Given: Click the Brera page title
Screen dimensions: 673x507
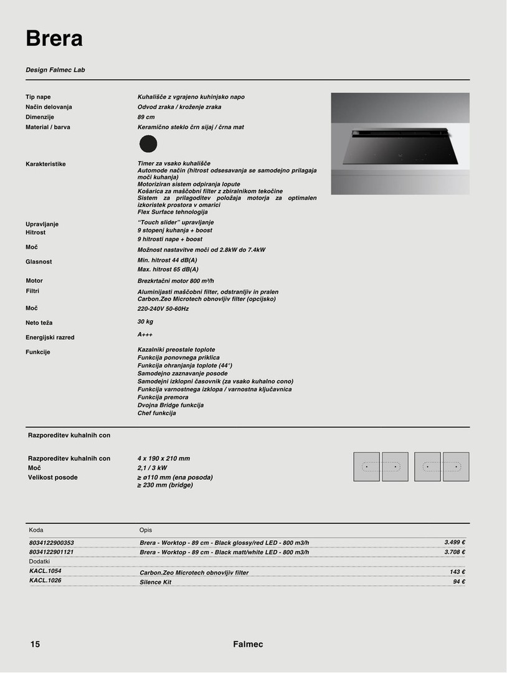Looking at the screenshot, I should pyautogui.click(x=54, y=39).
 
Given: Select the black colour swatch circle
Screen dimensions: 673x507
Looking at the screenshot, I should pyautogui.click(x=148, y=144).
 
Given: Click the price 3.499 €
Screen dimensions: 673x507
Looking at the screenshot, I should pyautogui.click(x=455, y=542).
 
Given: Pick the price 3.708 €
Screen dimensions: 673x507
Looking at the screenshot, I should pyautogui.click(x=455, y=552).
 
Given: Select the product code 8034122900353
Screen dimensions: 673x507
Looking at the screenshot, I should pyautogui.click(x=52, y=543).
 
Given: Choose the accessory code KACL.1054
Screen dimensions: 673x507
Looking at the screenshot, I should pyautogui.click(x=45, y=571).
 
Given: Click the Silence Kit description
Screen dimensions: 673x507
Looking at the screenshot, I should pyautogui.click(x=156, y=582).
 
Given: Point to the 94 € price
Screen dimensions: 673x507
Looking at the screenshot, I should pyautogui.click(x=459, y=582).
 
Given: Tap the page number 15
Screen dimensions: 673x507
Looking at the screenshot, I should pyautogui.click(x=35, y=644).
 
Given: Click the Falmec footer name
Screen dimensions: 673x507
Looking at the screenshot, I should pyautogui.click(x=248, y=644).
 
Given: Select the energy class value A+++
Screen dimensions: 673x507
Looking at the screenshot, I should pyautogui.click(x=145, y=335).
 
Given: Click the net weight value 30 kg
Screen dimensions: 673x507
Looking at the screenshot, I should pyautogui.click(x=145, y=322).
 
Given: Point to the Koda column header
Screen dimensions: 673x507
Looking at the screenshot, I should pyautogui.click(x=36, y=530).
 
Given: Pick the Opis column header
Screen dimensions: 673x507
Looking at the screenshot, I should pyautogui.click(x=146, y=530).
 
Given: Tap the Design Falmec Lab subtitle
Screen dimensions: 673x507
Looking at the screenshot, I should pyautogui.click(x=55, y=70).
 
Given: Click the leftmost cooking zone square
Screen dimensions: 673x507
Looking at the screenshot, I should pyautogui.click(x=366, y=467).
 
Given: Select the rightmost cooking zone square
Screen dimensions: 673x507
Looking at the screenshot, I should pyautogui.click(x=456, y=467).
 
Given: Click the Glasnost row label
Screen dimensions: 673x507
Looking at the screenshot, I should pyautogui.click(x=39, y=262).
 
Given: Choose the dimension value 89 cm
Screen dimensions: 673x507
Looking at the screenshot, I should pyautogui.click(x=146, y=117).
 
